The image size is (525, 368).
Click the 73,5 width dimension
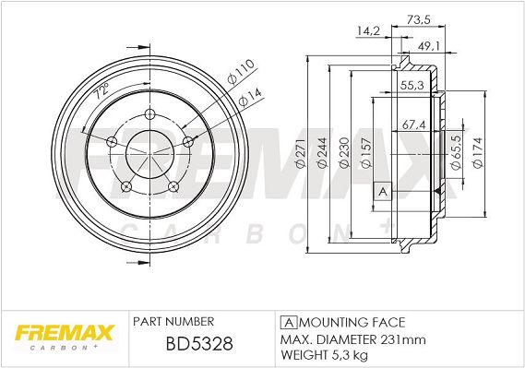pyautogui.click(x=418, y=20)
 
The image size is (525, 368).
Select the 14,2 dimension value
pyautogui.click(x=368, y=31)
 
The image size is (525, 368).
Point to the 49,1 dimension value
pyautogui.click(x=429, y=46)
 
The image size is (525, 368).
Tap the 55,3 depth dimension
pyautogui.click(x=412, y=85)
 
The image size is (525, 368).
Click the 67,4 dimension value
pyautogui.click(x=413, y=125)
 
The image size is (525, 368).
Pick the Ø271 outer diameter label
pyautogui.click(x=301, y=153)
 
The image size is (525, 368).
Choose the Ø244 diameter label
pyautogui.click(x=322, y=152)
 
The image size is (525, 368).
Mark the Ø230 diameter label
pyautogui.click(x=344, y=152)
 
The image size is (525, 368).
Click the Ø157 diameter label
pyautogui.click(x=366, y=152)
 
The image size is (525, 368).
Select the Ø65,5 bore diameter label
pyautogui.click(x=457, y=152)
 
